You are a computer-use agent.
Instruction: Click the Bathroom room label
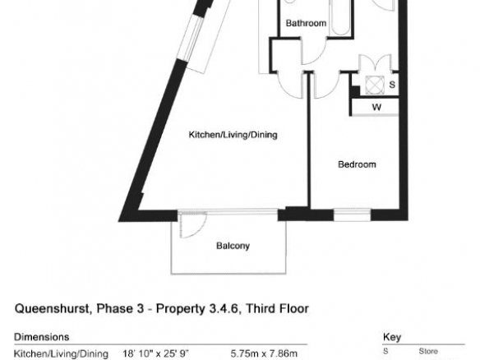pos(306,23)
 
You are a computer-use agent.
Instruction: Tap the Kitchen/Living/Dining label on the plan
pos(233,135)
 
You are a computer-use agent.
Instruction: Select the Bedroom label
pos(357,164)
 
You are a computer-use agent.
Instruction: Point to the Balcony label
pos(233,246)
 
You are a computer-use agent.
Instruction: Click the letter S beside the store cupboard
pos(392,85)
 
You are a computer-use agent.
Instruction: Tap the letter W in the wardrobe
pos(376,107)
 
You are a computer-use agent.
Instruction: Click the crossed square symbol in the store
pos(375,85)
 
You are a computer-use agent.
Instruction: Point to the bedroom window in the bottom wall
pos(352,215)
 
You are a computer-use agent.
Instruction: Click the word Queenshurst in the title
pos(52,308)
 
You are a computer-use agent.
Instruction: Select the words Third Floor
pos(277,308)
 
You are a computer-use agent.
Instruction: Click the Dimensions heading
pos(42,337)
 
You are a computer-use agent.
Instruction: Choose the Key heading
pos(392,337)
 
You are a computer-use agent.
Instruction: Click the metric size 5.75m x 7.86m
pos(264,354)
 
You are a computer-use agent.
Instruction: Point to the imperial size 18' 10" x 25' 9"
pos(156,354)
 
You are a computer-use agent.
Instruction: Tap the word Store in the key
pos(428,352)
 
